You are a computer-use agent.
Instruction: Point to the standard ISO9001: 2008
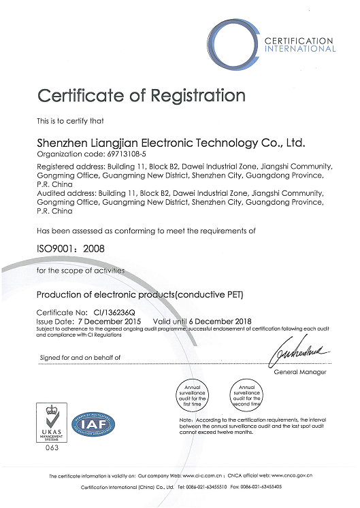tap(67, 250)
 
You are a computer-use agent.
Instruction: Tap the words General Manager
tap(300, 372)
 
